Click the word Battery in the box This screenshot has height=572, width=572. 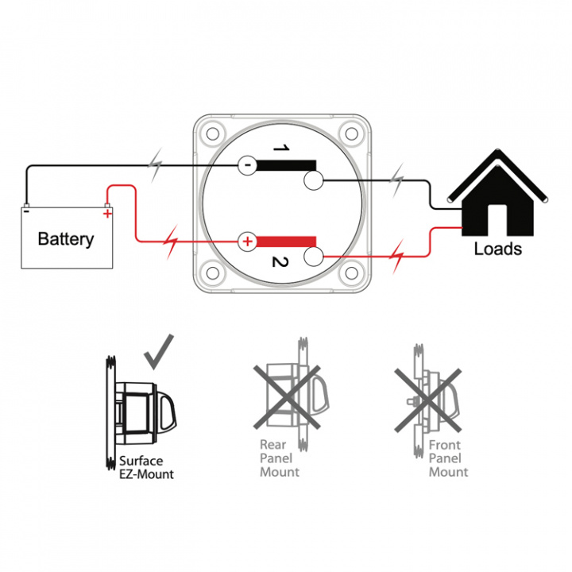(x=66, y=238)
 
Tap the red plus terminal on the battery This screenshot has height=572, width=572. (x=106, y=212)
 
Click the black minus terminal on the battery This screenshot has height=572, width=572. (x=26, y=211)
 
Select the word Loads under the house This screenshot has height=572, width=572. (x=497, y=248)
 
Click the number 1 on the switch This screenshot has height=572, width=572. (x=279, y=148)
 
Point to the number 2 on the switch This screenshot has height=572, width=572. (x=279, y=263)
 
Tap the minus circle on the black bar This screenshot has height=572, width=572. (x=247, y=165)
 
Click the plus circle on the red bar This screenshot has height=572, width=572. (x=247, y=241)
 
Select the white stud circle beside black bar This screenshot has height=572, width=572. (x=312, y=183)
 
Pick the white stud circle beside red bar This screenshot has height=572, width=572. (x=312, y=257)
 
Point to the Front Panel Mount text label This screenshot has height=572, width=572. (x=448, y=459)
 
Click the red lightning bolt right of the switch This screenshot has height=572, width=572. (x=398, y=256)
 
